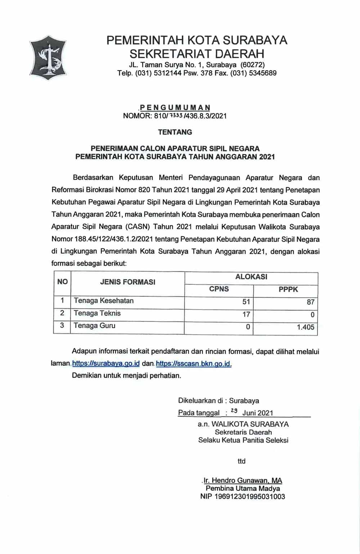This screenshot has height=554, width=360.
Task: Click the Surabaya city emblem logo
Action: (x=48, y=58)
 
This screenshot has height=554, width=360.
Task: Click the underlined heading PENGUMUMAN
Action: (x=175, y=108)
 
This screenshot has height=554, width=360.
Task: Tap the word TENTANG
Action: (x=175, y=132)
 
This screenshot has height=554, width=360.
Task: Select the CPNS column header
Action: (x=219, y=289)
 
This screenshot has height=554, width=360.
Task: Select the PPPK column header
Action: (x=288, y=289)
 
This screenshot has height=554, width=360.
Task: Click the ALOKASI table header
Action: (x=251, y=277)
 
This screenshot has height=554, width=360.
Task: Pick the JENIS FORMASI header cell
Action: (x=127, y=282)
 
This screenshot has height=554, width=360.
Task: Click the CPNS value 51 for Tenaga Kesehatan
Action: (x=246, y=302)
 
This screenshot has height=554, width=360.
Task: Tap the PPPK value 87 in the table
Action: (x=310, y=302)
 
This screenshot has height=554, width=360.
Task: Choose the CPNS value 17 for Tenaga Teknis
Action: (x=246, y=314)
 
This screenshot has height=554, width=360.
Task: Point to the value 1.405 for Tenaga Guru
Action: (x=305, y=327)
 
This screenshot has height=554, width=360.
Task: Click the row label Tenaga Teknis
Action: (x=97, y=313)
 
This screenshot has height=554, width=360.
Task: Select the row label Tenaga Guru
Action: (x=94, y=326)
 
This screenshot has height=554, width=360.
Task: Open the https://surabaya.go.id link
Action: (x=106, y=363)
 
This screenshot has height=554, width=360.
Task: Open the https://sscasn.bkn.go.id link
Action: (x=194, y=363)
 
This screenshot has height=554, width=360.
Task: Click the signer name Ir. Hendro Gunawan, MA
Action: (x=243, y=480)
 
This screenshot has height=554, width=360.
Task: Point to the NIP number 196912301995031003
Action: (x=243, y=496)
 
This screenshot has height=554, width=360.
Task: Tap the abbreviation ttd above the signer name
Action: (x=242, y=461)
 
